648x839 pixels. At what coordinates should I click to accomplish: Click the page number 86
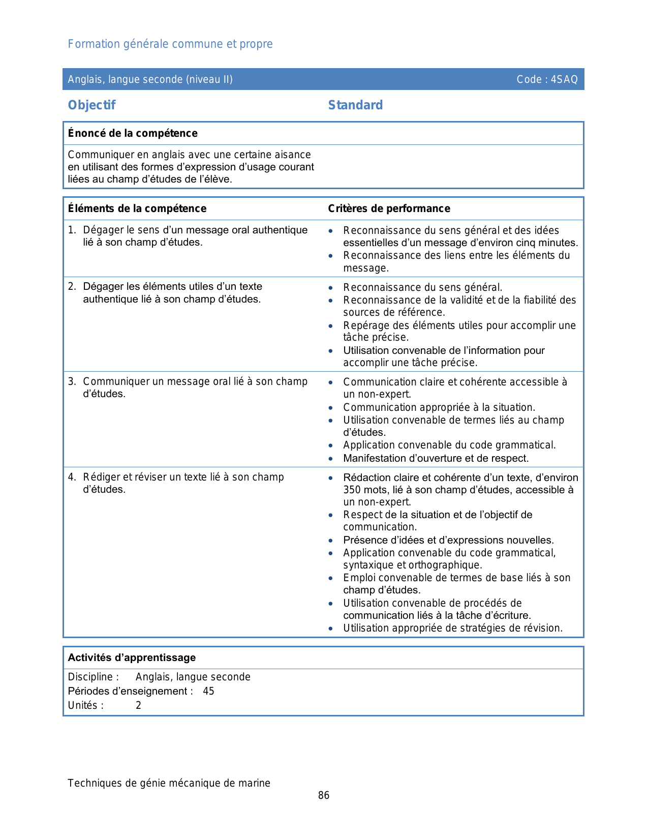tap(324, 795)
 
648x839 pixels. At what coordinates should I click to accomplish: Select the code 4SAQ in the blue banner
tap(565, 79)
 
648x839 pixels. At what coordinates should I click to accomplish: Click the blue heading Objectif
tap(92, 105)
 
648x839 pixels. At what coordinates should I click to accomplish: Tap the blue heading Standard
tap(355, 105)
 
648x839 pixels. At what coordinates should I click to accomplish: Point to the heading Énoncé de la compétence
tap(133, 133)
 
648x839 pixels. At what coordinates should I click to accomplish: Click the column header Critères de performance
tap(389, 208)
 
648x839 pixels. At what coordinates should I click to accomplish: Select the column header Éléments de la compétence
tap(137, 208)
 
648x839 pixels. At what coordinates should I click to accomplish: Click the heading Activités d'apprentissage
tap(132, 657)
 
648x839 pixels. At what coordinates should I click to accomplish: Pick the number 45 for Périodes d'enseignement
tap(208, 691)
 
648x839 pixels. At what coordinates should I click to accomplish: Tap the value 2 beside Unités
tap(138, 705)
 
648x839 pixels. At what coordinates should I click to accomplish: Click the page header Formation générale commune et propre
tap(170, 44)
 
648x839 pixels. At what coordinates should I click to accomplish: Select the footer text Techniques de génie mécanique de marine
tap(169, 783)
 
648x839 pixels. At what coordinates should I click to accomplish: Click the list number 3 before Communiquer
tap(72, 381)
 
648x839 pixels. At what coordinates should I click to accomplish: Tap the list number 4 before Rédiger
tap(72, 477)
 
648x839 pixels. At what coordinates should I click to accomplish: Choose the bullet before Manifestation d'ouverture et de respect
tap(331, 459)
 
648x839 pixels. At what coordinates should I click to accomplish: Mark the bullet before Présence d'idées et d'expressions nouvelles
tap(331, 541)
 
